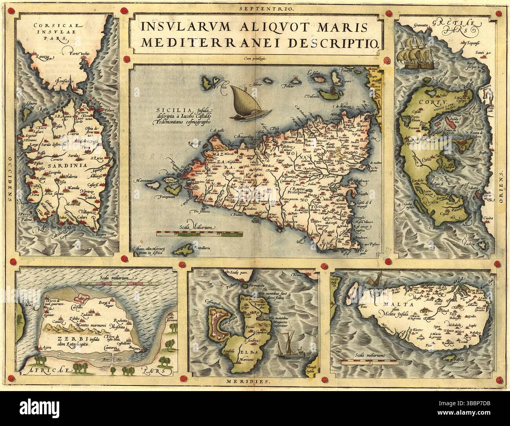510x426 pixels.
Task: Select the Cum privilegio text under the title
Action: point(251,59)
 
